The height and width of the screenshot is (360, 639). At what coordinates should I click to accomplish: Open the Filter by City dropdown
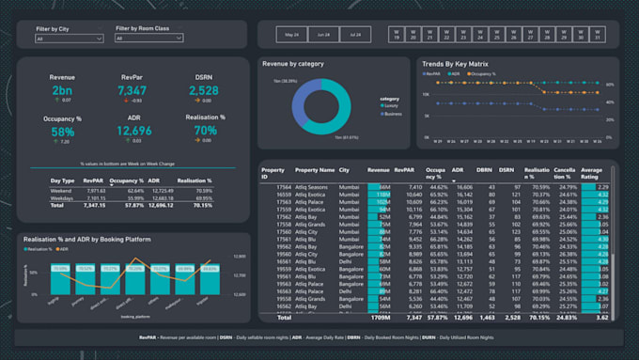coord(71,39)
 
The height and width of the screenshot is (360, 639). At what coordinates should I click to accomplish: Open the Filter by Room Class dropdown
coord(150,39)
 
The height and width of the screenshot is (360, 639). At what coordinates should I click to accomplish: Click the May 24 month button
coord(290,35)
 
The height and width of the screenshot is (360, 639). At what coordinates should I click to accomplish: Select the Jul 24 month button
coord(354,35)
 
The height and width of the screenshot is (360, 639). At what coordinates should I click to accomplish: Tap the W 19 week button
coord(397,35)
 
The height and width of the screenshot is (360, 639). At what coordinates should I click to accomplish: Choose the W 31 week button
coord(597,35)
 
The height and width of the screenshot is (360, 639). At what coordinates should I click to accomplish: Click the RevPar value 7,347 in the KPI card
coord(132,90)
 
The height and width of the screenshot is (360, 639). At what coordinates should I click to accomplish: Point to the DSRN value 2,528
coord(204,90)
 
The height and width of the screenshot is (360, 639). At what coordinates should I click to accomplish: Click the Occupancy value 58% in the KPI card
coord(63,132)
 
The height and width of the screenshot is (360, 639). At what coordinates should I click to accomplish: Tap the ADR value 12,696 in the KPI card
coord(133,131)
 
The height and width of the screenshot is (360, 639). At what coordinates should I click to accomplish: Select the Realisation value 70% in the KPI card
coord(204,131)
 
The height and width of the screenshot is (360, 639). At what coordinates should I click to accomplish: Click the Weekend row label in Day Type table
coord(61,190)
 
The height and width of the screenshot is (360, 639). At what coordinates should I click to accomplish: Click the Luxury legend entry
coord(391,106)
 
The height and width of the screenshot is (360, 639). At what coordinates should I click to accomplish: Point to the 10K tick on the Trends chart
coord(428,96)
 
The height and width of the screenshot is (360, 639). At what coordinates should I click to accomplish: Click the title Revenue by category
coord(293,64)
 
